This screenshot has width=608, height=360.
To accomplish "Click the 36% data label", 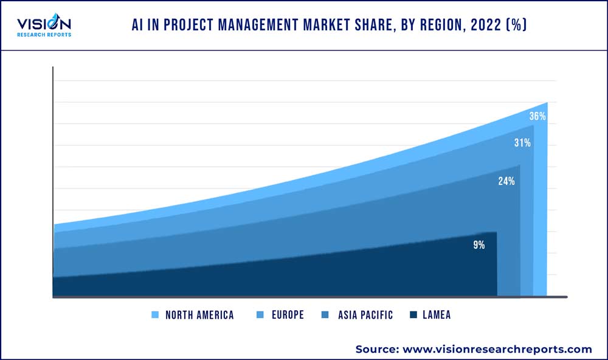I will [x=537, y=116].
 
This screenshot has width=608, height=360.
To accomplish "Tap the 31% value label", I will [x=522, y=143].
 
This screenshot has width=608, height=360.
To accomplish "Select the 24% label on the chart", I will [x=506, y=181].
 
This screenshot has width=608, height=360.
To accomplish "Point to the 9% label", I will [x=479, y=245].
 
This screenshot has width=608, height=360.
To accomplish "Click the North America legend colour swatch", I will [x=155, y=315].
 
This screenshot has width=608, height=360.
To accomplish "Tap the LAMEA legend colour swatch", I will [x=413, y=315].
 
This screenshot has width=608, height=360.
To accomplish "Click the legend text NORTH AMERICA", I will [x=199, y=315].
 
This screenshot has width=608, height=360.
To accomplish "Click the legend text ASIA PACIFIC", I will [x=365, y=315].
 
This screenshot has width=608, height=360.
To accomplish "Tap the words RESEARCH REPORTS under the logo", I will [x=43, y=35].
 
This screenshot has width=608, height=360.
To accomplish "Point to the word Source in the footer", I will [x=375, y=349].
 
